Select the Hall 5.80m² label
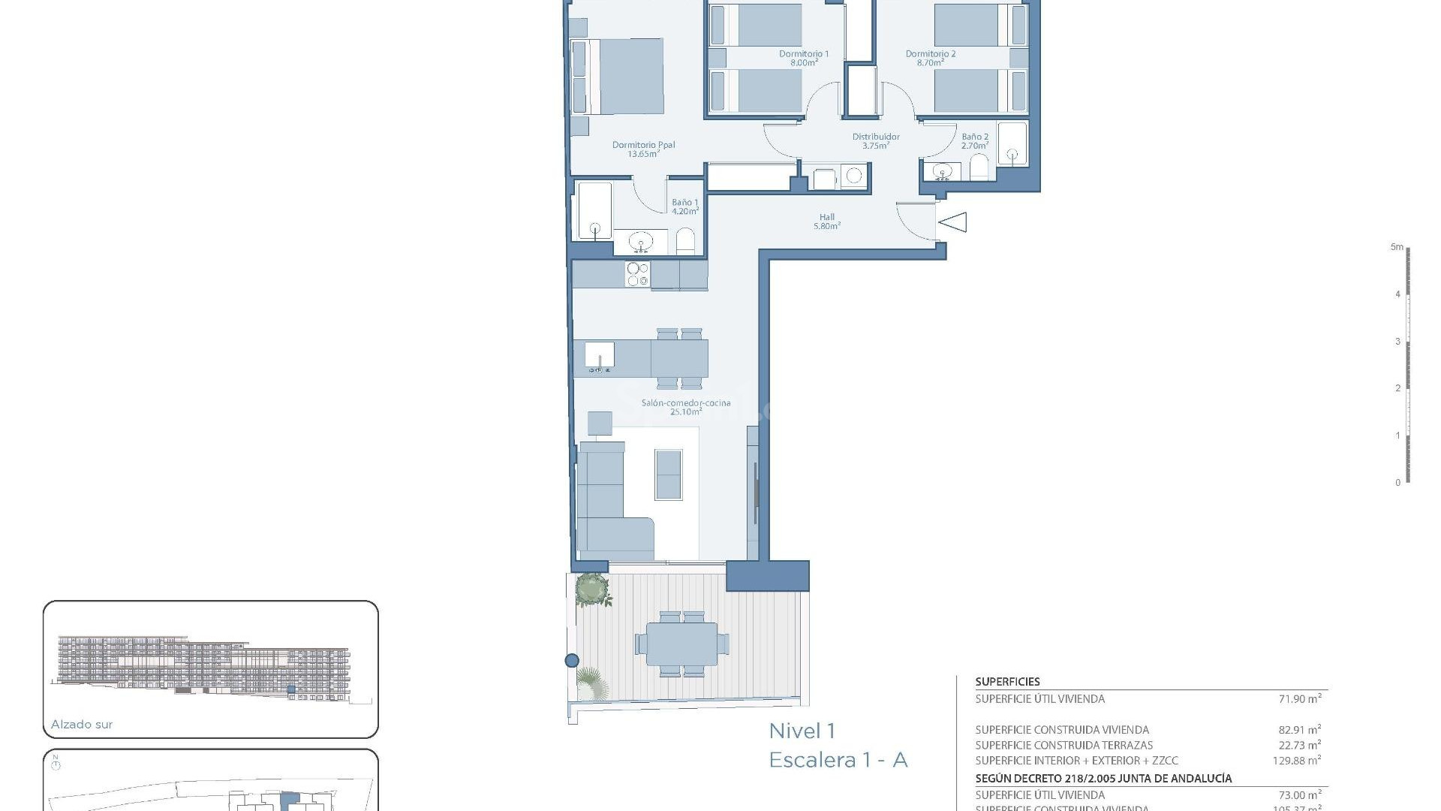coord(826,222)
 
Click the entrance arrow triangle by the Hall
coord(953,222)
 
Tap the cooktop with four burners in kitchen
coord(638,275)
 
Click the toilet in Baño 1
coord(685,242)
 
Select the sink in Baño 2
coord(942,172)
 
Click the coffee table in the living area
coord(668,475)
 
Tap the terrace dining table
coord(681,644)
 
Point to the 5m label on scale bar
coord(1396,247)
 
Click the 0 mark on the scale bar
coord(1397,483)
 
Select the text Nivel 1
coord(802,731)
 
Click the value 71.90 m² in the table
coord(1299,698)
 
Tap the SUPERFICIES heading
coord(1007,682)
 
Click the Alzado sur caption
coord(82,725)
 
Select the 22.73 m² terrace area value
coord(1299,745)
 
